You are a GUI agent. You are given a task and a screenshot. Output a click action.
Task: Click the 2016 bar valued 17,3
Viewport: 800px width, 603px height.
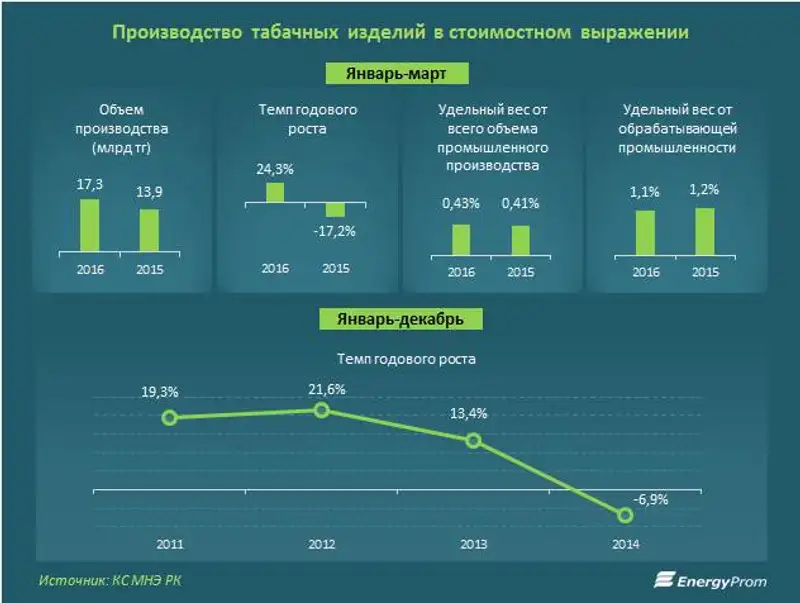click(x=90, y=225)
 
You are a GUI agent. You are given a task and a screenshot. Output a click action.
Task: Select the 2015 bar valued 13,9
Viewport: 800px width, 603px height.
click(x=149, y=230)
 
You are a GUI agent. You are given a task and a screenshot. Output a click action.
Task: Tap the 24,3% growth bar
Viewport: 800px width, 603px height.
click(x=275, y=192)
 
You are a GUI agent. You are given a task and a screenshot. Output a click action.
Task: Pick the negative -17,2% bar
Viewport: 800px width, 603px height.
click(x=335, y=210)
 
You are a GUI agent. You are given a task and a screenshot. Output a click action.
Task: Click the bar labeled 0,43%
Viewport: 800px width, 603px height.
click(x=461, y=238)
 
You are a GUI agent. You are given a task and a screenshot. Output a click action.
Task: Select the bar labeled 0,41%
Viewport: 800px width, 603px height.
click(x=520, y=239)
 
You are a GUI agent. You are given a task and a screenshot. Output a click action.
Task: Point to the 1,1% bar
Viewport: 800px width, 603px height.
click(x=645, y=231)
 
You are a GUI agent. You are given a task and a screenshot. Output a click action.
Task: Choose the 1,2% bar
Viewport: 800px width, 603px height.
click(x=704, y=230)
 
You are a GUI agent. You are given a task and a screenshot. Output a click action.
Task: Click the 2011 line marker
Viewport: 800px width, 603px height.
click(x=170, y=418)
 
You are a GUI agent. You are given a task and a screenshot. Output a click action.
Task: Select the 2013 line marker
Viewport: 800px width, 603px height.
click(x=474, y=441)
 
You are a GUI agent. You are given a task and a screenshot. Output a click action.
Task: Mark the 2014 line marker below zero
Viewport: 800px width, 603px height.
click(x=626, y=515)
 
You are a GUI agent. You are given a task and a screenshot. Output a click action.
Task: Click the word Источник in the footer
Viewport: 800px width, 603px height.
click(x=72, y=580)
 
